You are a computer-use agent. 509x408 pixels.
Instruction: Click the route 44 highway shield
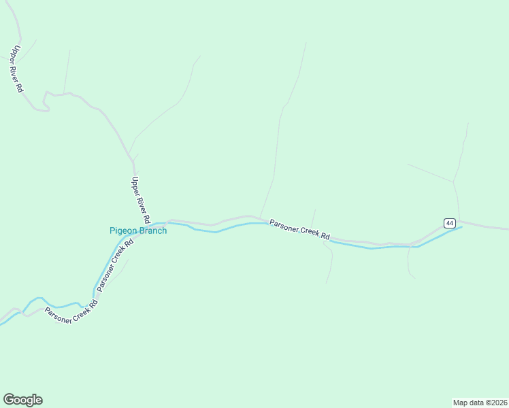pos(449,223)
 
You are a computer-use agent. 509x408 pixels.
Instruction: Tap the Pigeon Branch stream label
pos(138,231)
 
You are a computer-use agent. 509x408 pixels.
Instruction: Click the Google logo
pos(22,400)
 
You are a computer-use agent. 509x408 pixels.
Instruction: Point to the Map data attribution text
pos(480,402)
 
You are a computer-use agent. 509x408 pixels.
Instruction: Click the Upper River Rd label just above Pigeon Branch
pos(140,201)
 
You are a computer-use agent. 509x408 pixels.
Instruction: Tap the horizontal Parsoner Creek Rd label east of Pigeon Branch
pos(299,229)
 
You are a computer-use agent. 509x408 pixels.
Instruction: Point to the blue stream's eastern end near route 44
pos(461,227)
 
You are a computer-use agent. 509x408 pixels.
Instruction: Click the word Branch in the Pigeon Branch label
pos(153,231)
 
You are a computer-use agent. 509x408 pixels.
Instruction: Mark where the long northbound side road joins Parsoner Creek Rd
pos(259,218)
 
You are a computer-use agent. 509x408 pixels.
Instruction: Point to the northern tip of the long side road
pos(306,44)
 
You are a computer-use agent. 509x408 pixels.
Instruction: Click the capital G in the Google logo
pos(9,400)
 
